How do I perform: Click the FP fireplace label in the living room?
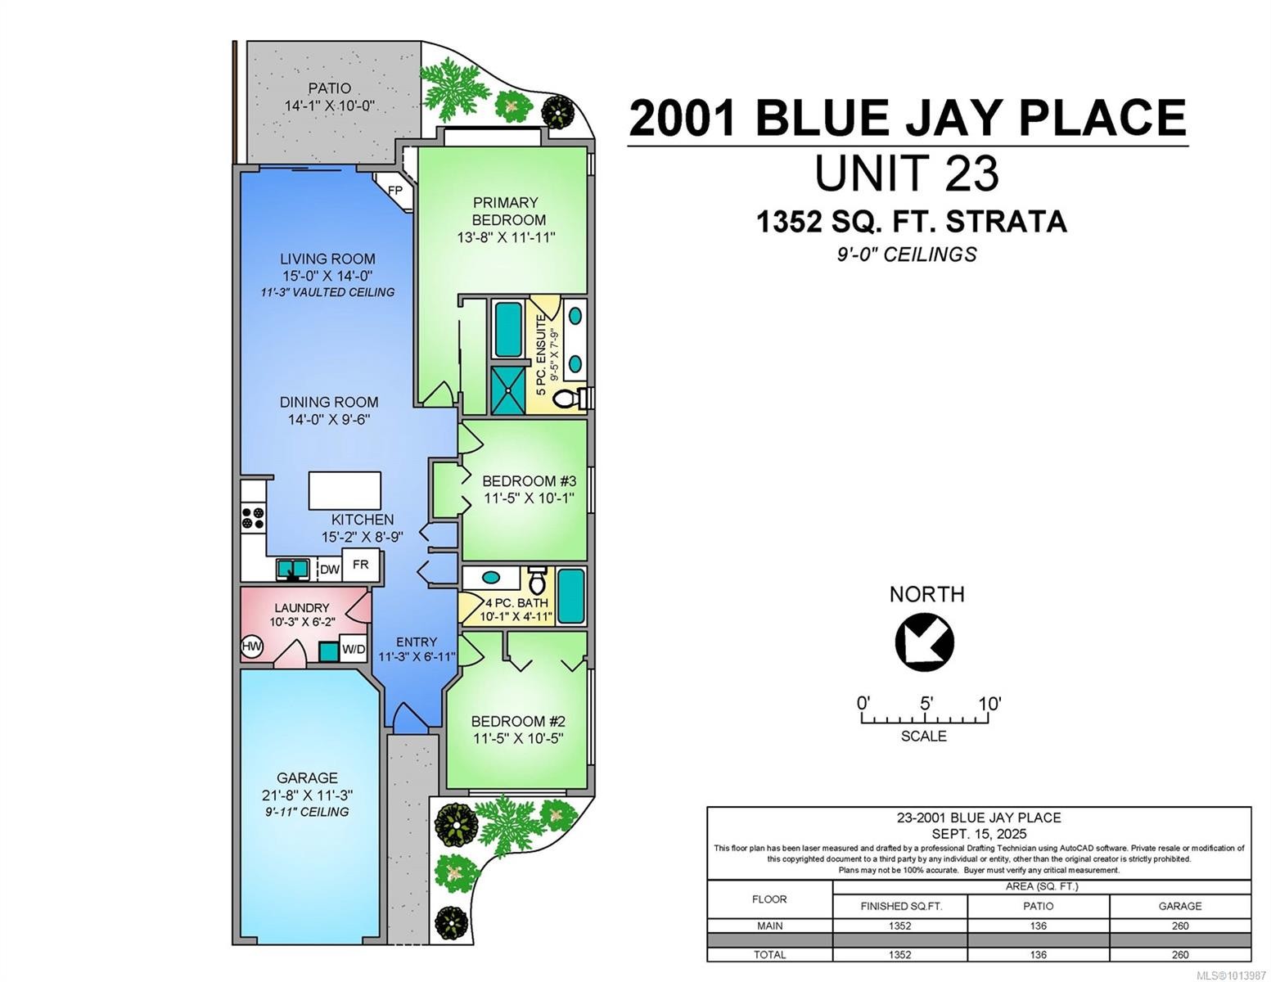(394, 190)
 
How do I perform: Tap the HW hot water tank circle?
(252, 646)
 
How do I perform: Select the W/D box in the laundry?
(354, 649)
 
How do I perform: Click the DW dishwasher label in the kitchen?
(329, 570)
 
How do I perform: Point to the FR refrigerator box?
(360, 565)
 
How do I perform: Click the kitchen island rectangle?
(345, 491)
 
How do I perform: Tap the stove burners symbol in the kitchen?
(253, 518)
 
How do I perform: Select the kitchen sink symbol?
(291, 568)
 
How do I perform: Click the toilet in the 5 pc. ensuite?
(567, 399)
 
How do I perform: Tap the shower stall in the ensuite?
(507, 390)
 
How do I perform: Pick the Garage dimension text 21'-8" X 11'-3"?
(307, 795)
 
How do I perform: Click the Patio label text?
(329, 88)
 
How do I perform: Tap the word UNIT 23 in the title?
(906, 173)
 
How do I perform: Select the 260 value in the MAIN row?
(1179, 926)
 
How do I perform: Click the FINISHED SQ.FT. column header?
(900, 906)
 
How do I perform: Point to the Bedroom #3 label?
(529, 481)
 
